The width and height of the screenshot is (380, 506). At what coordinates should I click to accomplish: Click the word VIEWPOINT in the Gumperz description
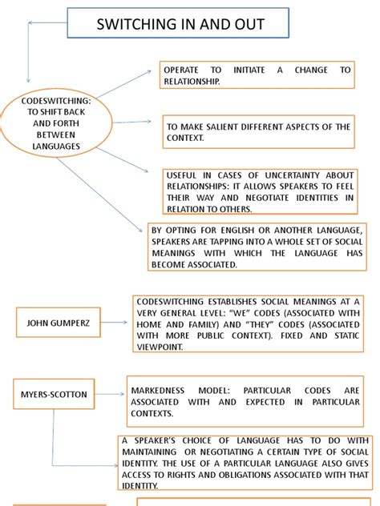164,347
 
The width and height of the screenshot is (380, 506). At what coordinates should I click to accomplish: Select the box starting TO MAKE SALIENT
260,132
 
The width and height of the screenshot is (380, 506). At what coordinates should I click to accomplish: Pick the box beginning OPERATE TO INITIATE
256,75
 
